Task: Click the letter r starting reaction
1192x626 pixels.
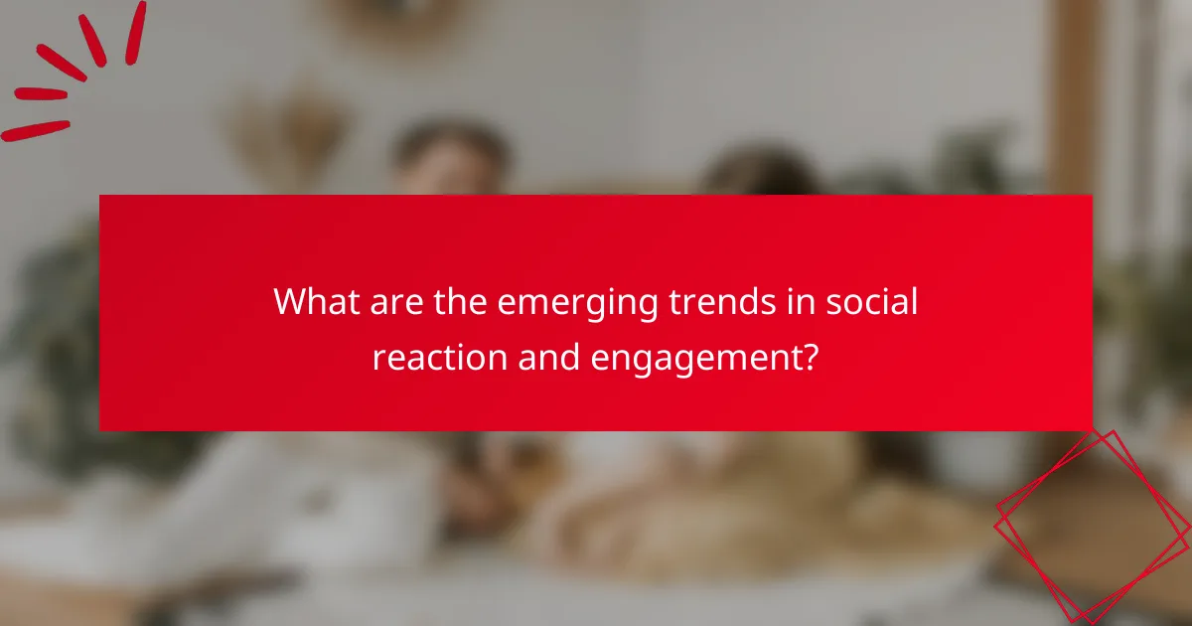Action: click(378, 357)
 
